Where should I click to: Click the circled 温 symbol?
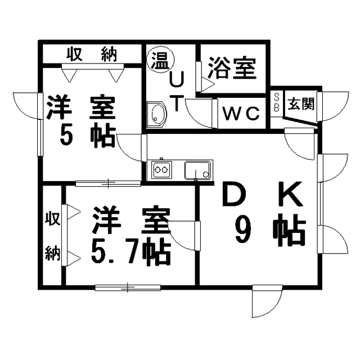160,60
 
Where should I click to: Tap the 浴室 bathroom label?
232,67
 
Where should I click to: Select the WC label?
241,114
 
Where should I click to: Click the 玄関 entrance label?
301,103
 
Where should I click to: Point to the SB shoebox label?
277,102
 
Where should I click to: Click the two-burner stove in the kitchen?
161,170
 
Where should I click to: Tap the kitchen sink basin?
197,170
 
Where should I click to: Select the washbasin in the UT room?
156,114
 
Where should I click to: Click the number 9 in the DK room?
243,231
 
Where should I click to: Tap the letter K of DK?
290,193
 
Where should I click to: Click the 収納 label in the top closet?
92,55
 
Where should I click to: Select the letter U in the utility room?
177,79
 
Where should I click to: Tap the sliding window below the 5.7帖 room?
128,287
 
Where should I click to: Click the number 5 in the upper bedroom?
66,136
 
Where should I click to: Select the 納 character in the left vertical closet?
52,253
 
